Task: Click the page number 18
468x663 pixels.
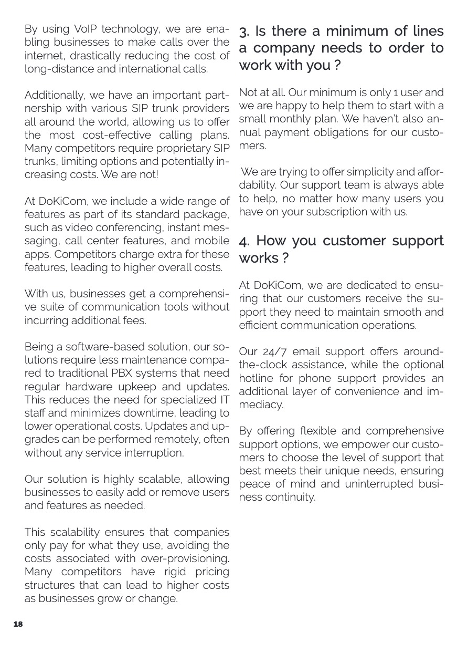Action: [x=18, y=624]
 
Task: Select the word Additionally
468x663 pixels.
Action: [x=55, y=96]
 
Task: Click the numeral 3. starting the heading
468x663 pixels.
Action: [x=244, y=32]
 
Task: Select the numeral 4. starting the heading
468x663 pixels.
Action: [x=245, y=241]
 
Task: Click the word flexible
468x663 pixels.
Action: [x=307, y=431]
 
